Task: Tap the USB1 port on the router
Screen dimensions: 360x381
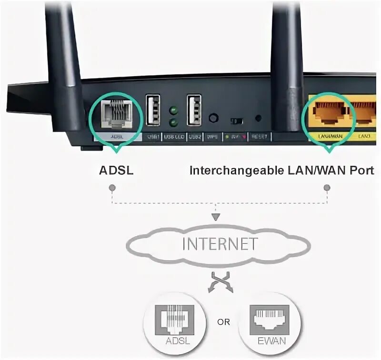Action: click(153, 111)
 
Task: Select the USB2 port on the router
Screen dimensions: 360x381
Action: click(194, 111)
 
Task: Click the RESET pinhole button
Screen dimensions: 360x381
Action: click(259, 117)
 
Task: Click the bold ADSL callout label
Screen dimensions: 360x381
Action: click(116, 170)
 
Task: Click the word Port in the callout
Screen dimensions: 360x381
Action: click(363, 170)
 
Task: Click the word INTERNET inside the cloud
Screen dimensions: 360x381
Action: click(220, 244)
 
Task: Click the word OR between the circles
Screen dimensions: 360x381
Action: click(223, 322)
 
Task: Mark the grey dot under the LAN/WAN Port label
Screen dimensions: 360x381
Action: click(327, 188)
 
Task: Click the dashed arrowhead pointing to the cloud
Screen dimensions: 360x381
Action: click(217, 217)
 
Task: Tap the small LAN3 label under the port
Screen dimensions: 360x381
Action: click(364, 137)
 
